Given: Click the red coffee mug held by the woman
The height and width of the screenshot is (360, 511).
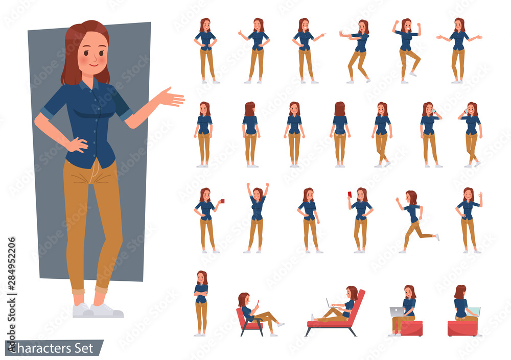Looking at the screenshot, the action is [x=223, y=201].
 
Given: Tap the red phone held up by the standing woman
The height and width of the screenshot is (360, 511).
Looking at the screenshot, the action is [x=350, y=194].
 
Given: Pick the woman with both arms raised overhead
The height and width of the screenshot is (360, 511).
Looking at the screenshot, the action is [x=257, y=218].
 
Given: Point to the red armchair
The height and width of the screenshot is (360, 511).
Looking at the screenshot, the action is [x=249, y=323].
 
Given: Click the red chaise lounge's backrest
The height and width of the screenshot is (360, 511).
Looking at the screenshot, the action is [x=358, y=306].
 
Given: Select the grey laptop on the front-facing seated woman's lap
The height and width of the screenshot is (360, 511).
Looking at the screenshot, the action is [x=397, y=312].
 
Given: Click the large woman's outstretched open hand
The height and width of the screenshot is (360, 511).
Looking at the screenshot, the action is [x=171, y=97].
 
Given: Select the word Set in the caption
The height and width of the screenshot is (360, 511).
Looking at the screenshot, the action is [x=84, y=348].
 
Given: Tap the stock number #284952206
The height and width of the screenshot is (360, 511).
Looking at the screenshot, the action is [x=11, y=263].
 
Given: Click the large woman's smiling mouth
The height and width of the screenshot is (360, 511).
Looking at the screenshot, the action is [x=93, y=65].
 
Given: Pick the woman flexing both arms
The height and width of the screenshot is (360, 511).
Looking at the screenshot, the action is [x=407, y=51].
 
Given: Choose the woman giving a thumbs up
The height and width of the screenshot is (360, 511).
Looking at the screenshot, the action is [x=255, y=51].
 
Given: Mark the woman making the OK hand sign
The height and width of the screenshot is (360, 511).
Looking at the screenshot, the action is [x=469, y=220].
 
